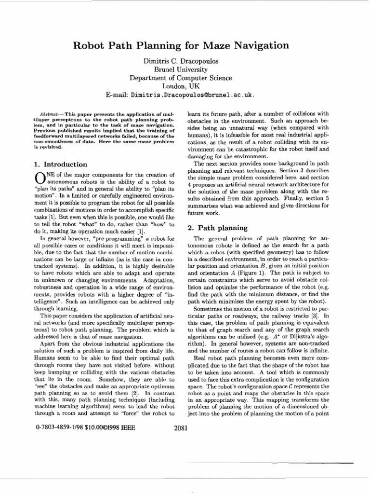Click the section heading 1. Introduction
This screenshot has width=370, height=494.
[55, 165]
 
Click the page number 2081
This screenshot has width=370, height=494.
[180, 427]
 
